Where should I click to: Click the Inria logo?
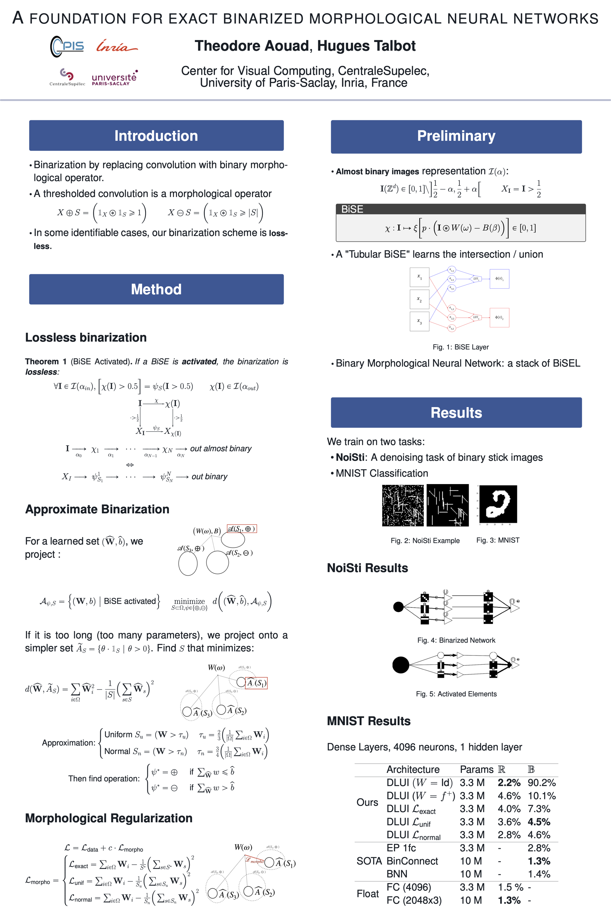coord(116,47)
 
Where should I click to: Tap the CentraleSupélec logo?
coord(67,77)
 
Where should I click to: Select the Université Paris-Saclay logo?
coord(114,78)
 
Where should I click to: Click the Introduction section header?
coord(156,135)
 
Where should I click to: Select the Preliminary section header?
coord(456,136)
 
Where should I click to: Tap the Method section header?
coord(156,289)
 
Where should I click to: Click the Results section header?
coord(456,413)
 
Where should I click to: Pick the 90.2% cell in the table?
coord(541,782)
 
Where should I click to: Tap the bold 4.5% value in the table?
coord(538,822)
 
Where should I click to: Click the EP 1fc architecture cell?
coord(401,848)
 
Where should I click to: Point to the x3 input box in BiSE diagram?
coord(419,321)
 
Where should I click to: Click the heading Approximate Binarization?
coord(97,509)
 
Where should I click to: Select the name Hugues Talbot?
coord(366,46)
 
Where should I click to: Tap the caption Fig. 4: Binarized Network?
coord(456,640)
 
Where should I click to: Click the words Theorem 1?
coord(46,361)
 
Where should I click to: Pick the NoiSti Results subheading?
coord(367,568)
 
